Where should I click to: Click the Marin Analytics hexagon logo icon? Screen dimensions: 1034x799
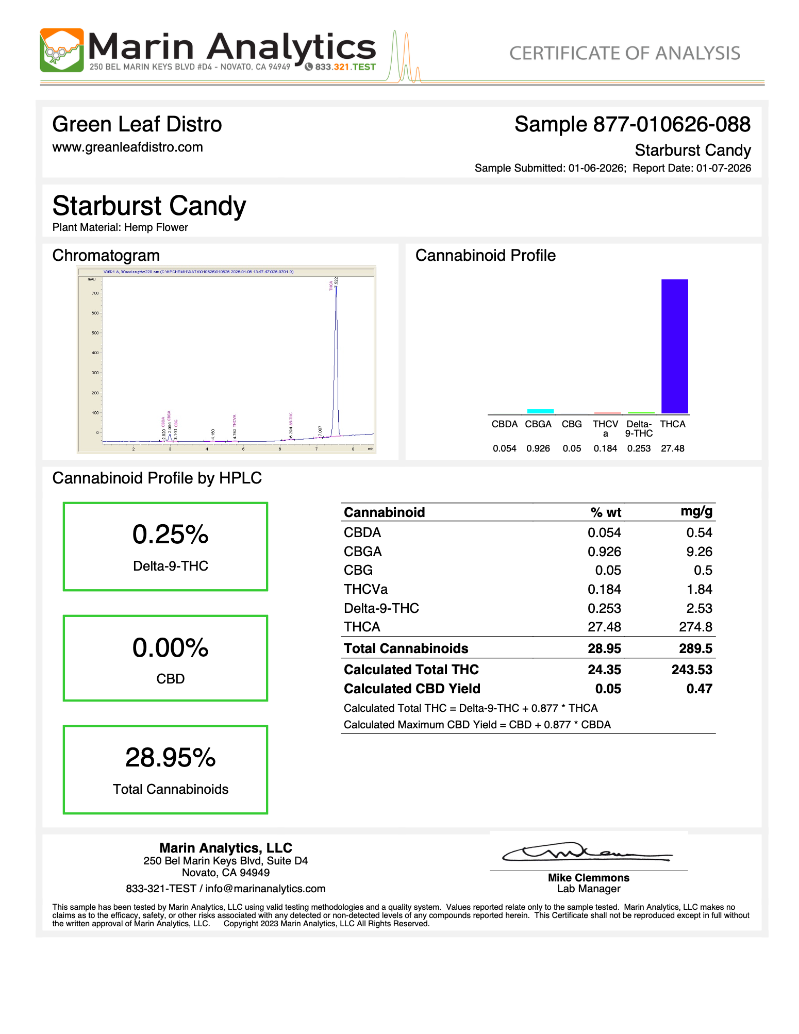tap(61, 50)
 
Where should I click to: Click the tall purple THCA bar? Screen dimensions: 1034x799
tap(674, 345)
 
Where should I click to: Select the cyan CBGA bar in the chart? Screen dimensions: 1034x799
tap(540, 411)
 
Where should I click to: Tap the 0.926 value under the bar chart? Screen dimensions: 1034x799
tap(538, 448)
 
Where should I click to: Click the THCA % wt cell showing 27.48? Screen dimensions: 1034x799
tap(604, 627)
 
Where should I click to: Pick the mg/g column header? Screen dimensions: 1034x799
tap(696, 511)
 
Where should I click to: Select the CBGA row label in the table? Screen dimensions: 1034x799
tap(362, 552)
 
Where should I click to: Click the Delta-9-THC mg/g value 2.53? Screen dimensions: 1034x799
tap(699, 608)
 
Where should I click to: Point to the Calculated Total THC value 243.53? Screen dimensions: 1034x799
tap(692, 670)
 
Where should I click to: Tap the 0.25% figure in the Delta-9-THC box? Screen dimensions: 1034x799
tap(170, 535)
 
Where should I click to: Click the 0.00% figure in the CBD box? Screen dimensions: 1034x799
tap(170, 647)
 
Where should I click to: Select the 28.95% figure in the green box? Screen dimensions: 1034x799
tap(170, 758)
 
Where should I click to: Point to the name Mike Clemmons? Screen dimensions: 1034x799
tap(588, 877)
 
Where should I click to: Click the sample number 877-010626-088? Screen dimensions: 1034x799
tap(672, 124)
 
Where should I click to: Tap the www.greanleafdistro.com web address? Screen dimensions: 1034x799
tap(127, 147)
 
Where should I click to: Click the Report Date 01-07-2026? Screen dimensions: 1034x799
tap(723, 168)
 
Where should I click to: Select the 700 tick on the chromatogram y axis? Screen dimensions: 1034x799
tap(95, 293)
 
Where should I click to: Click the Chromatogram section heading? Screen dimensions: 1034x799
tap(106, 255)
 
